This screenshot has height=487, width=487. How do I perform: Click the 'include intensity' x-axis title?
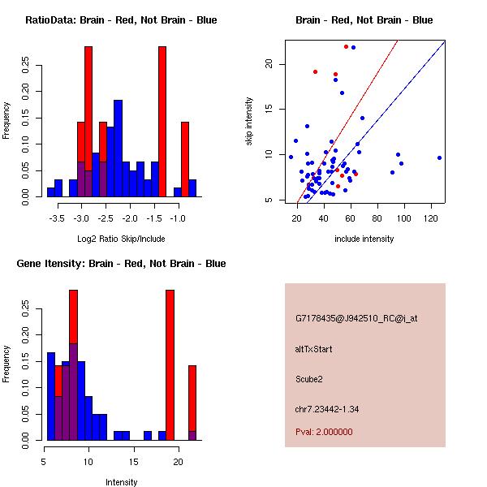point(364,239)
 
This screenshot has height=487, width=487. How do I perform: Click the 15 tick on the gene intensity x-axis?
point(131,462)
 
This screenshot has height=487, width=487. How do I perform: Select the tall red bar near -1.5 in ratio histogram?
point(162,122)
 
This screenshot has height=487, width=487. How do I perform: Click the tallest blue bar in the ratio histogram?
point(118,146)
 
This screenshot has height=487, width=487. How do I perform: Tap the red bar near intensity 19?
point(170,365)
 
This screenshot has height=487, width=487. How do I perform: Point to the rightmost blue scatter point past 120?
point(439,157)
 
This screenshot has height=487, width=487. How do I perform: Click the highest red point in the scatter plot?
point(346,46)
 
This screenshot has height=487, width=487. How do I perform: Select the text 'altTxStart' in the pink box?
point(314,349)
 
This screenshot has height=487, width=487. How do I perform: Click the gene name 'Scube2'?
point(309,378)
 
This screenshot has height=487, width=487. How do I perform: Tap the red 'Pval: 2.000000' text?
point(325,432)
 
